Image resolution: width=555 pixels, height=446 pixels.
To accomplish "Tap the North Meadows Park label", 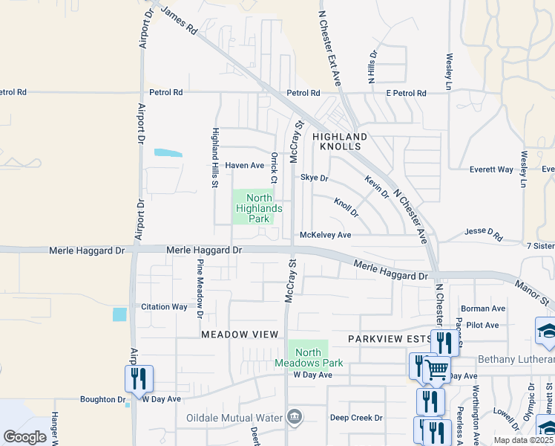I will point(309,358).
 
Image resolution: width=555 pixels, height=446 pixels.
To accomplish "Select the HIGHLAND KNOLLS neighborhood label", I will point(340,142).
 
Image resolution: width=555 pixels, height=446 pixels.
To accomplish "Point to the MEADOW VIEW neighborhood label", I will point(239,335).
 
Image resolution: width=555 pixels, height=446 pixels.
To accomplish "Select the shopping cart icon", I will point(436,369).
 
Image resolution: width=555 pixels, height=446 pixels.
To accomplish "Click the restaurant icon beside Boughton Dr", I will point(139,378).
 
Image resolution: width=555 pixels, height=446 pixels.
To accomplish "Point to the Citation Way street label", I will point(164,307).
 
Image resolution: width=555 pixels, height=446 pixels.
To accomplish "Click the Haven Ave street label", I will point(245,165).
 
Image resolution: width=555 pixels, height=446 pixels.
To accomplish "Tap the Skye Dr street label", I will point(314,178).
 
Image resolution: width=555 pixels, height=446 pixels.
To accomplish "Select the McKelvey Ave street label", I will point(325,235).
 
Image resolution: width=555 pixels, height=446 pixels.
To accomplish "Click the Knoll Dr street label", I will point(346,207).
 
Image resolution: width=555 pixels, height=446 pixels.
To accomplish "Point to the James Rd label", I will point(179,21).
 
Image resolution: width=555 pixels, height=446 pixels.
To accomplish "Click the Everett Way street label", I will point(491,169).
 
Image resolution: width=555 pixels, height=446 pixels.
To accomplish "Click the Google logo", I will point(25,437).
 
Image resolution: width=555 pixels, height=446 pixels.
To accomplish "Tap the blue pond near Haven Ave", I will point(168,154).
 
